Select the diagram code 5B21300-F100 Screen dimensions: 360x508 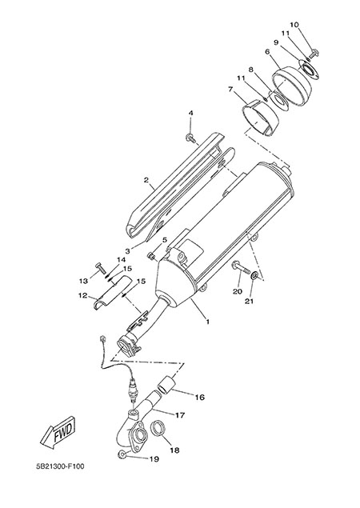(60, 466)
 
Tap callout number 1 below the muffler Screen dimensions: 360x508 (207, 322)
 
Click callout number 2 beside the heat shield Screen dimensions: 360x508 (146, 179)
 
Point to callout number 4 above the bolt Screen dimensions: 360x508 (191, 113)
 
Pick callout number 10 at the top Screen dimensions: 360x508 (294, 25)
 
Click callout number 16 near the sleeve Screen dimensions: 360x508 (200, 397)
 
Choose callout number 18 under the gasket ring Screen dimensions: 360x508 (174, 450)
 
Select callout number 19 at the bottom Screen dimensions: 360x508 (154, 458)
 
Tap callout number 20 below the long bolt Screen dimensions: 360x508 (238, 291)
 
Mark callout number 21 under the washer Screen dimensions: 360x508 (249, 302)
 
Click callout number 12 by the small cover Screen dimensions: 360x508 (82, 295)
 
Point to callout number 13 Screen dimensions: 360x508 (84, 281)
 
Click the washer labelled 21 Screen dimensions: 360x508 (254, 276)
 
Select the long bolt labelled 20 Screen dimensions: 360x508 (240, 268)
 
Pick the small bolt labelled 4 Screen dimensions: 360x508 (191, 138)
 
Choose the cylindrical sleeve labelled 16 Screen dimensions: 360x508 (166, 382)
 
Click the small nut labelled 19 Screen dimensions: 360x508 (122, 454)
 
